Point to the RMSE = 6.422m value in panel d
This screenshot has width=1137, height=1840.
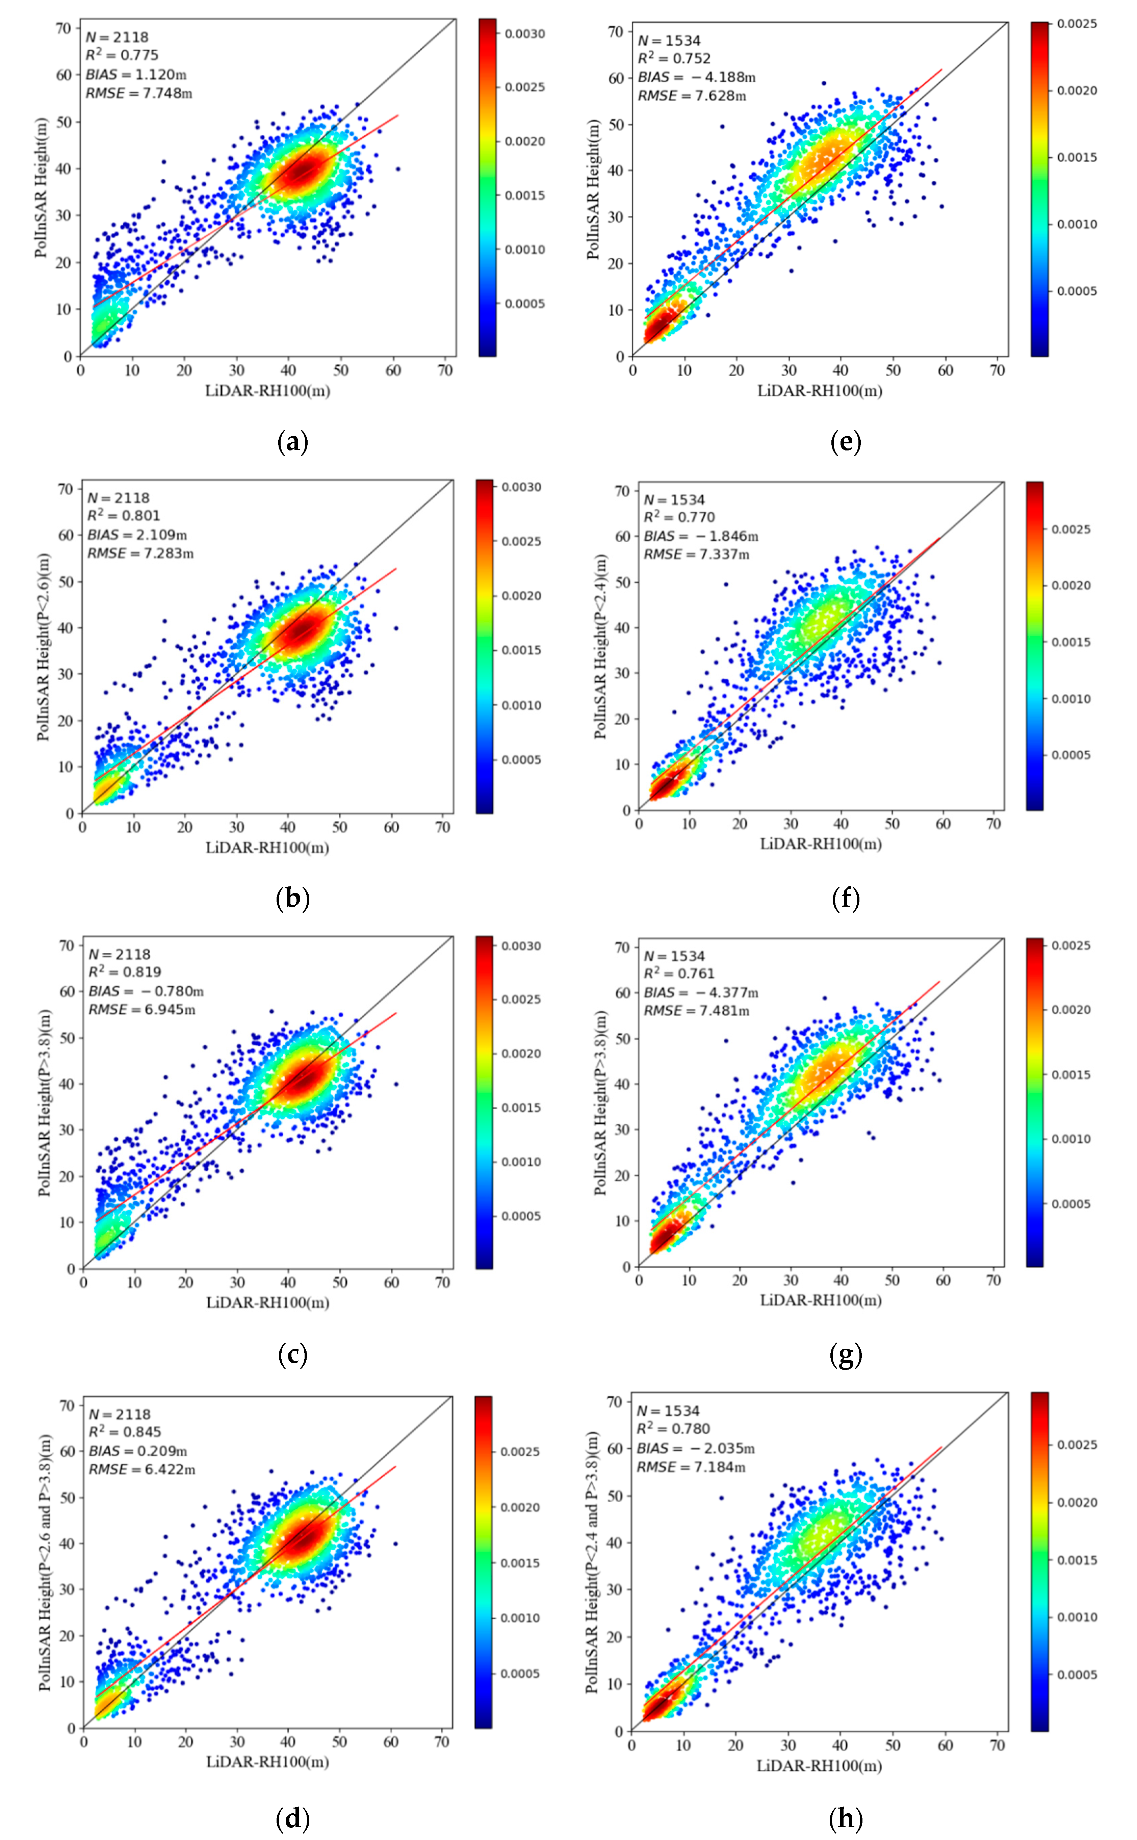pos(141,1469)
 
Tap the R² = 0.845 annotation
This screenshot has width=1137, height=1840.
pos(125,1432)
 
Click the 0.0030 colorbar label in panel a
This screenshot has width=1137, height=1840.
pos(524,34)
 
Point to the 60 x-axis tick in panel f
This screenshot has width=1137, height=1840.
pos(943,823)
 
